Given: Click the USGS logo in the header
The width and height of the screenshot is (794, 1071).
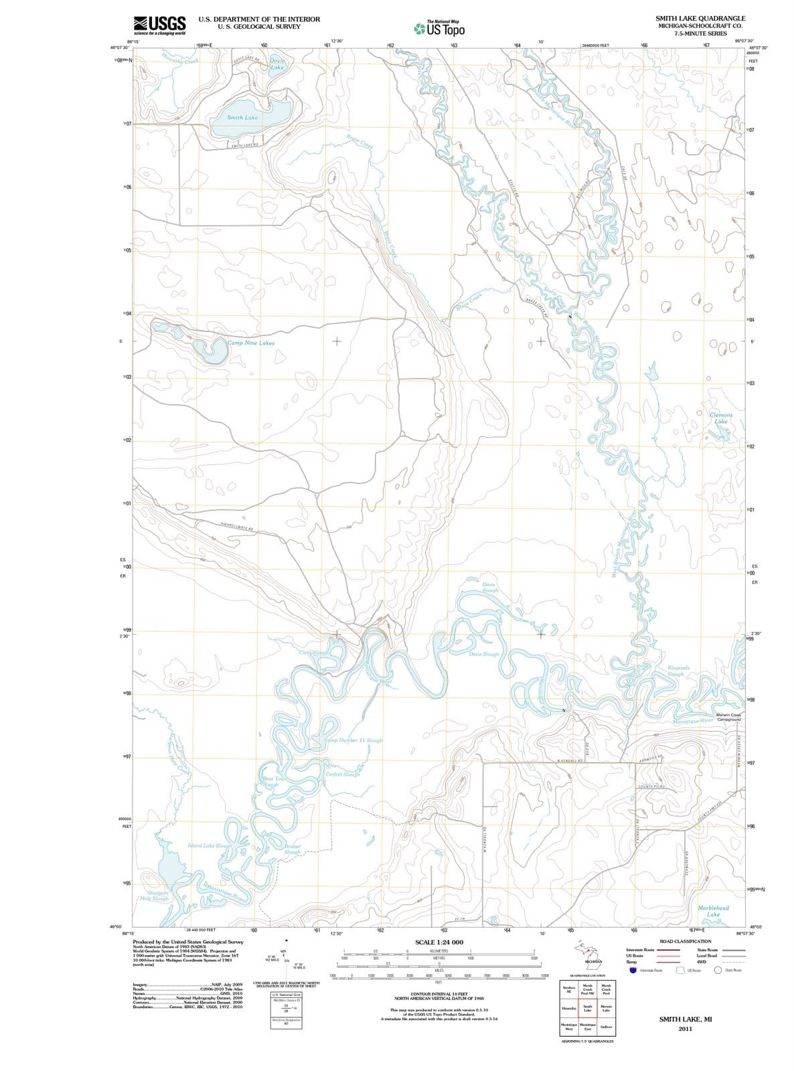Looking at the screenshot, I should pyautogui.click(x=159, y=25).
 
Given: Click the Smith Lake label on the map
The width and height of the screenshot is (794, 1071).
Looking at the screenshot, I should pyautogui.click(x=242, y=118).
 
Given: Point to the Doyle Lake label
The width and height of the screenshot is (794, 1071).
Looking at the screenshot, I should pyautogui.click(x=277, y=64).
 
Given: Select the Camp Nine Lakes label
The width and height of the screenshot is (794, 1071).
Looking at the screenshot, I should pyautogui.click(x=250, y=343).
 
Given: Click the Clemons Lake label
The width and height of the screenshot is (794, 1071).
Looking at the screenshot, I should pyautogui.click(x=721, y=418).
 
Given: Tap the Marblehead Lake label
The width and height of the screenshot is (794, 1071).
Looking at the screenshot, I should pyautogui.click(x=713, y=911).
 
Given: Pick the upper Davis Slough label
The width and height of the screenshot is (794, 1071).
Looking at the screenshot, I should pyautogui.click(x=490, y=588).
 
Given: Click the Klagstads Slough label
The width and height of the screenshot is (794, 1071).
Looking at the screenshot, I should pyautogui.click(x=684, y=671).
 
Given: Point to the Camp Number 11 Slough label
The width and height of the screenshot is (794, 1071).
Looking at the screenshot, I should pyautogui.click(x=353, y=741).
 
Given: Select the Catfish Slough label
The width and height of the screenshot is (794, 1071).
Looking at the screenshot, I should pyautogui.click(x=343, y=774).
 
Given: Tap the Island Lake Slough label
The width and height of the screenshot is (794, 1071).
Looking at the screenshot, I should pyautogui.click(x=210, y=846).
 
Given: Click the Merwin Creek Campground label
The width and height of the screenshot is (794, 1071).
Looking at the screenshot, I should pyautogui.click(x=727, y=718).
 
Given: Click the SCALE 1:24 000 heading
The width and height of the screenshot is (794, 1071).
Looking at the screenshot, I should pyautogui.click(x=439, y=942).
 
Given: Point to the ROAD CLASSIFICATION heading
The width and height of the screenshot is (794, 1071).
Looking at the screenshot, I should pyautogui.click(x=685, y=941).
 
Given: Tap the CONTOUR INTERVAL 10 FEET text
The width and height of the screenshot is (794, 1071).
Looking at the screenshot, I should pyautogui.click(x=439, y=993).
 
